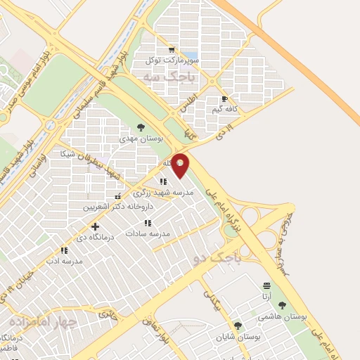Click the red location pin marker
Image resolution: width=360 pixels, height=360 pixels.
click(x=180, y=165)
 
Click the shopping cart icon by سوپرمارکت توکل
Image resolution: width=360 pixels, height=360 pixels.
click(x=171, y=50)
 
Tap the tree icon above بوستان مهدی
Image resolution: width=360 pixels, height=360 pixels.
click(x=141, y=127)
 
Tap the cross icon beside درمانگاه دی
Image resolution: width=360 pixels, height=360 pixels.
click(x=95, y=226)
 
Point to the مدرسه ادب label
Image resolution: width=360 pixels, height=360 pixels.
click(x=63, y=261)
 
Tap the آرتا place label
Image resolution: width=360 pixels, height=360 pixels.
click(x=266, y=297)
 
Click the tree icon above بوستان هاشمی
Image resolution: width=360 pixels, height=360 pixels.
click(x=283, y=305)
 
